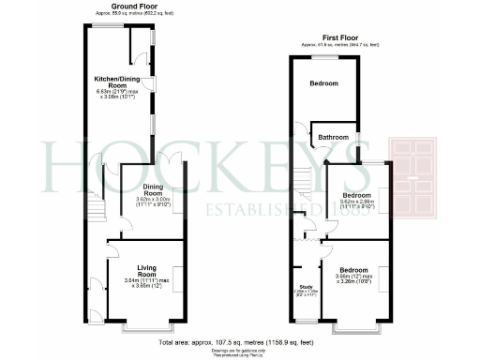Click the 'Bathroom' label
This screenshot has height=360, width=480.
click(x=333, y=138)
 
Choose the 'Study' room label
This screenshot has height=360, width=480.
click(x=306, y=287)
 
